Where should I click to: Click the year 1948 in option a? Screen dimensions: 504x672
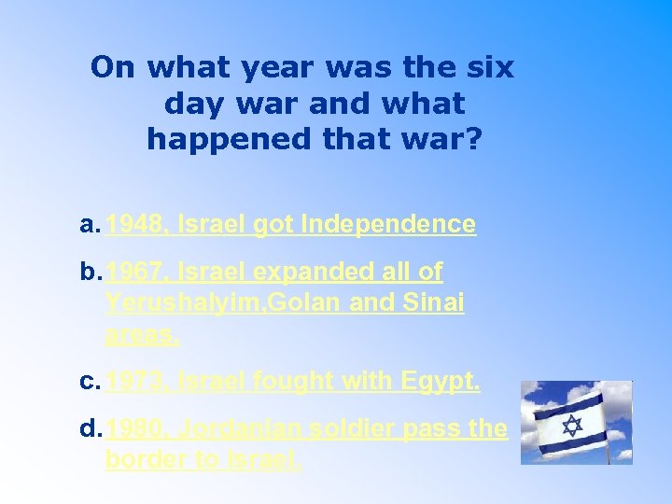pos(131,224)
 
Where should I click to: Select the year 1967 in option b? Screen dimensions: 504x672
pos(131,273)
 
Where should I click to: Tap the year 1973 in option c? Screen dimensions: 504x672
pos(131,382)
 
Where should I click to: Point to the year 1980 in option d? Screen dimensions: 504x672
pos(133,429)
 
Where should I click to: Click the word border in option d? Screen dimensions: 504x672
pos(142,460)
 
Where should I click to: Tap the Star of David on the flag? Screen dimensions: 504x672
pos(571,426)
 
